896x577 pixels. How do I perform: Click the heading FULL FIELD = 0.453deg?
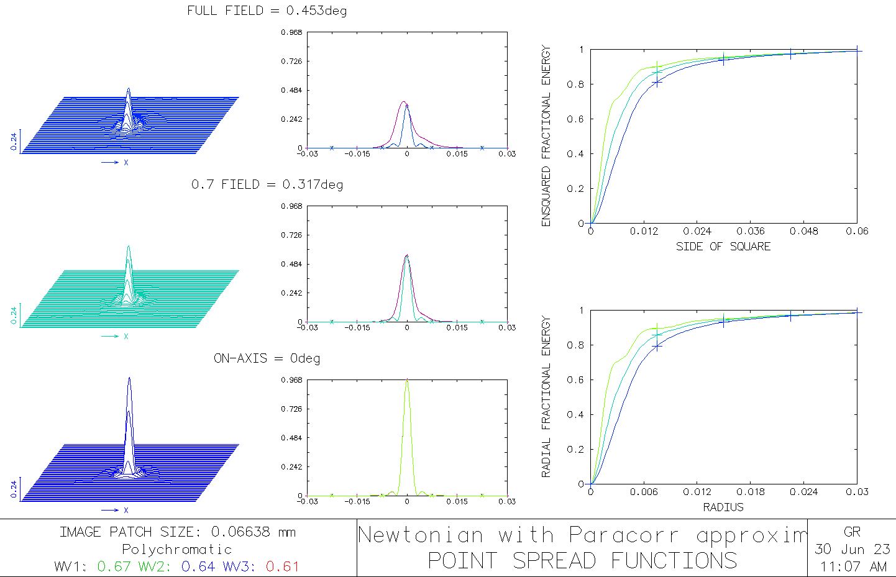[x=267, y=11]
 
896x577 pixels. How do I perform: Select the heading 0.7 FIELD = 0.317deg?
[x=267, y=184]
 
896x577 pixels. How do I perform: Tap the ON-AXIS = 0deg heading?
[x=267, y=358]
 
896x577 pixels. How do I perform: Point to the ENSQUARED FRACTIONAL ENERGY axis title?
[x=547, y=135]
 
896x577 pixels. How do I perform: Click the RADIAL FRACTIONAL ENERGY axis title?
[x=547, y=396]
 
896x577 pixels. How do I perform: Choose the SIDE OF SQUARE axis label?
[x=723, y=247]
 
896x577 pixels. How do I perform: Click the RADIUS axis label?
[x=723, y=507]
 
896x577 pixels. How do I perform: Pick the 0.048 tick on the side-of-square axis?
[x=804, y=231]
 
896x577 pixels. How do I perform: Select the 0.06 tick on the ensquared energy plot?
[x=857, y=231]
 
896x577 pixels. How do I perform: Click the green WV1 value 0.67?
[x=114, y=566]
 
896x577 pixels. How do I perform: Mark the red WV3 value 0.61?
[x=282, y=566]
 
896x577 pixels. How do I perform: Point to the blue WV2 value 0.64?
[x=199, y=566]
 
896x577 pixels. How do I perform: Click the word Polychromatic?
[x=177, y=550]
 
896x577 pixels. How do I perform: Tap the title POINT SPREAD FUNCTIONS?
[x=582, y=560]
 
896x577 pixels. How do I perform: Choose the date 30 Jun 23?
[x=853, y=550]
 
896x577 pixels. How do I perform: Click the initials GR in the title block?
[x=852, y=532]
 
